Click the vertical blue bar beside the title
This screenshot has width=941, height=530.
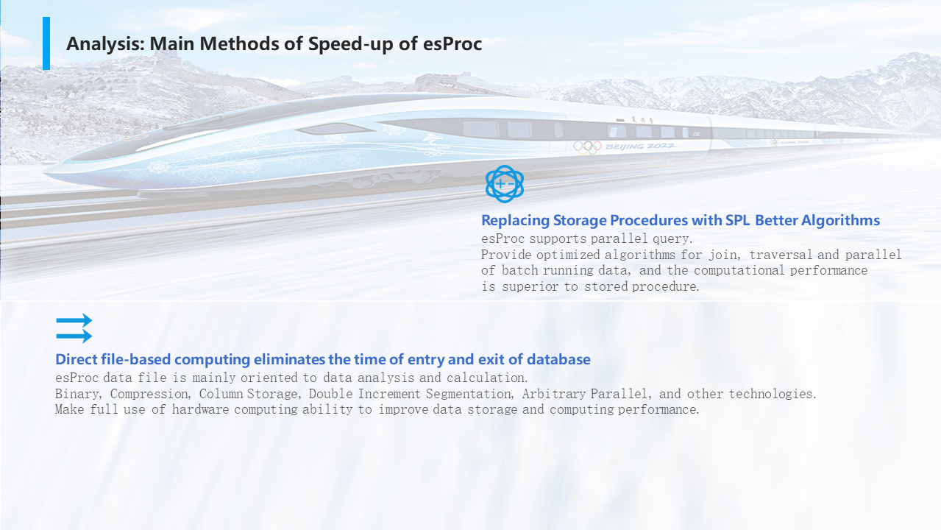tap(46, 43)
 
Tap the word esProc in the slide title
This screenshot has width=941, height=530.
tap(452, 43)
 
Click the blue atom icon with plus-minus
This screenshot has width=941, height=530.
tap(505, 184)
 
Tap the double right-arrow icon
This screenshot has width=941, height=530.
tap(74, 328)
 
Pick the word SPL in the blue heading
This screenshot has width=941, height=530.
tap(738, 220)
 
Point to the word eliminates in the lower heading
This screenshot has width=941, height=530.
tap(289, 359)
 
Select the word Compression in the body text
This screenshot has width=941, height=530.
tap(150, 395)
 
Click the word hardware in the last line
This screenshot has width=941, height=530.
tap(200, 409)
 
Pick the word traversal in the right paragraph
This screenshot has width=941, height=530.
tap(781, 255)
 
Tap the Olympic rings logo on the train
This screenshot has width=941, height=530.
tap(587, 147)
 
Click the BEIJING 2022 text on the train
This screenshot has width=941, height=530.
tap(640, 146)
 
